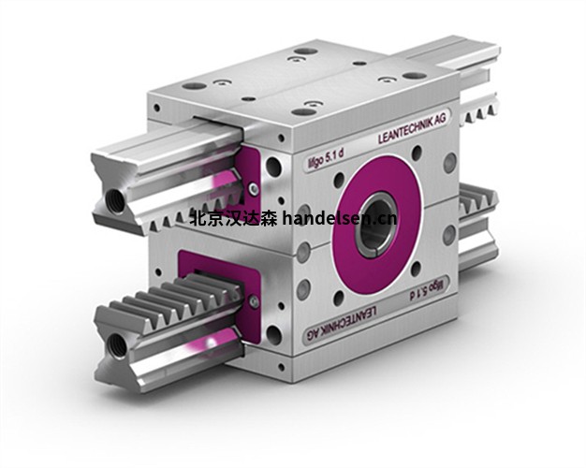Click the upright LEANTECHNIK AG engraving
(412, 129)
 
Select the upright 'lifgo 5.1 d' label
(321, 160)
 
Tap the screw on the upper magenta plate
(254, 188)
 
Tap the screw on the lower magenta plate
(254, 300)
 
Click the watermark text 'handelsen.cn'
(340, 218)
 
